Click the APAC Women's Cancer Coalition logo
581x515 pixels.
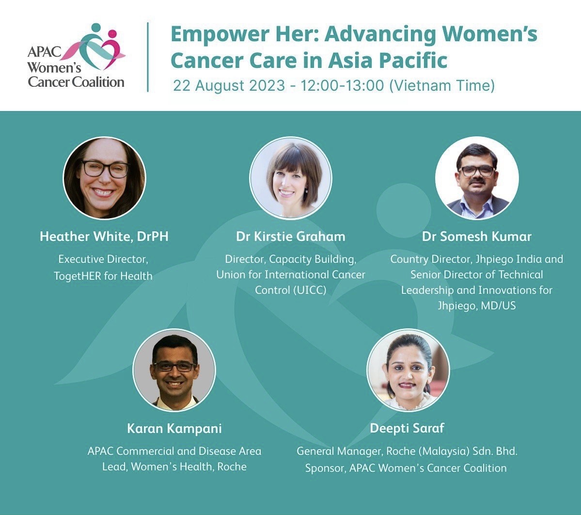coord(77,56)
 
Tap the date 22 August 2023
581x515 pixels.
coord(229,85)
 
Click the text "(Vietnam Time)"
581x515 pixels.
coord(442,85)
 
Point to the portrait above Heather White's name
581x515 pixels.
coord(105,178)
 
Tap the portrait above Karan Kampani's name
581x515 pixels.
coord(174,370)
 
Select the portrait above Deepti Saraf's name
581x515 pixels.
coord(408,370)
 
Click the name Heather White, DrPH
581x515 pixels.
coord(104,237)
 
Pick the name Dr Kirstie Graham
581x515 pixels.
coord(291,237)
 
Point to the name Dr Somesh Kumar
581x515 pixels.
coord(477,237)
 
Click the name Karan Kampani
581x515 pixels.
coord(174,429)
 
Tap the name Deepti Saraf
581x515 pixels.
coord(407,428)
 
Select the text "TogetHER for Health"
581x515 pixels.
coord(103,276)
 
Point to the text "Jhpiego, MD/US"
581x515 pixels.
coord(477,306)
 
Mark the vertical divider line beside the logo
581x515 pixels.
coord(148,57)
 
